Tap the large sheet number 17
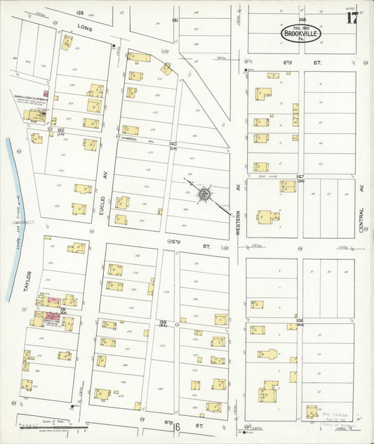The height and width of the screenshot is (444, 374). [x=352, y=18]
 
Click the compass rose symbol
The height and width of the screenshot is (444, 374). [x=203, y=193]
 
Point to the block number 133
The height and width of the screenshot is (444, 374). [x=79, y=13]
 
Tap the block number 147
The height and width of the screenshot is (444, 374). [x=300, y=176]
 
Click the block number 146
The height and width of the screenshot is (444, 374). [x=300, y=320]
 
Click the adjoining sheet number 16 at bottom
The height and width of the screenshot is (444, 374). [x=177, y=426]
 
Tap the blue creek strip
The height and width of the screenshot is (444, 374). [x=13, y=218]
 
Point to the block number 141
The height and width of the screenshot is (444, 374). [x=175, y=20]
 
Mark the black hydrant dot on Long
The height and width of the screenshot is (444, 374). [x=114, y=46]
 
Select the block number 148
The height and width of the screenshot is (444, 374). [x=302, y=20]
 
